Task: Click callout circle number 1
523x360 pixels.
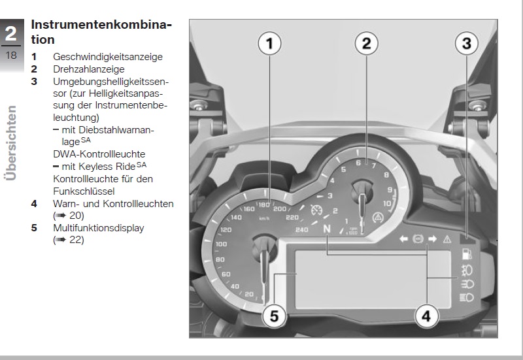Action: tap(269, 43)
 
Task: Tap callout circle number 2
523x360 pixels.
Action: tap(366, 43)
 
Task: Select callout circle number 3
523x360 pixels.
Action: tap(467, 43)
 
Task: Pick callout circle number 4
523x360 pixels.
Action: tap(426, 316)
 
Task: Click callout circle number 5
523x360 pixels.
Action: tap(274, 316)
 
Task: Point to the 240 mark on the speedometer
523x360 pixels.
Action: tap(301, 230)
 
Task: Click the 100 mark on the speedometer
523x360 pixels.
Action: tap(221, 244)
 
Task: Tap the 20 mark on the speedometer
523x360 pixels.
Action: tap(249, 294)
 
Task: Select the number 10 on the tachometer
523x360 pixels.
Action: tap(387, 203)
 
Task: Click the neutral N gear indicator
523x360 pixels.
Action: tap(327, 229)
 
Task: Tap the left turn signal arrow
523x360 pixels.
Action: tap(403, 238)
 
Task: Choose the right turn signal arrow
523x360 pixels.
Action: tap(433, 238)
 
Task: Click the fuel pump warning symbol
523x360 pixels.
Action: tap(467, 254)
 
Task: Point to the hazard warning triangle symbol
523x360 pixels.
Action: tap(447, 239)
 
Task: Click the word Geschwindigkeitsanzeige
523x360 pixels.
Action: tap(108, 57)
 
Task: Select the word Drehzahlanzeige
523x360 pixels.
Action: tap(89, 69)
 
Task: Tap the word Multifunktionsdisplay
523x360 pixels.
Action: tap(99, 228)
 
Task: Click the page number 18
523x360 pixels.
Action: tap(11, 56)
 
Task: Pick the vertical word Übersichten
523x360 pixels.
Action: tap(10, 143)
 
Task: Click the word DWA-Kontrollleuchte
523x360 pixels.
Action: tap(99, 154)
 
